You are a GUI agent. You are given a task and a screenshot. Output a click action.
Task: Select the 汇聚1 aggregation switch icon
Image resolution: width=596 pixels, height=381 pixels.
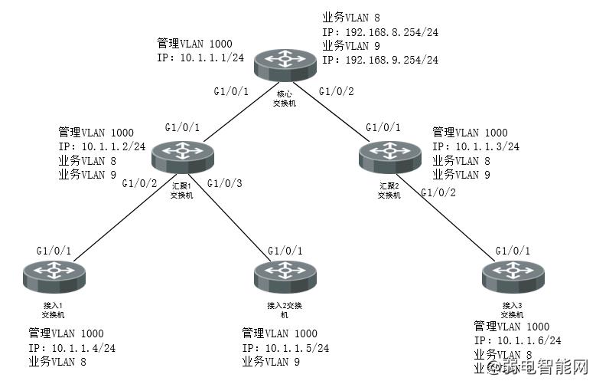click(x=182, y=157)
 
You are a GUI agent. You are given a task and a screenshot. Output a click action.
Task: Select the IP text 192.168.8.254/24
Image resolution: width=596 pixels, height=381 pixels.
click(x=380, y=33)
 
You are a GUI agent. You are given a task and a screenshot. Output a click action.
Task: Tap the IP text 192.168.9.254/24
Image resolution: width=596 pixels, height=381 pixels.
click(x=380, y=59)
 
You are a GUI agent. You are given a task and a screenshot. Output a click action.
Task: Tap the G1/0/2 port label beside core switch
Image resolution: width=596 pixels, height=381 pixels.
click(x=337, y=92)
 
